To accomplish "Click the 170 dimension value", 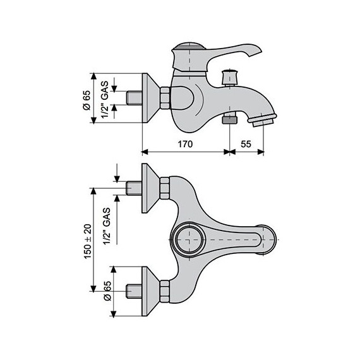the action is coord(185,144).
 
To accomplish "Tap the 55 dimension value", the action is coord(246,144).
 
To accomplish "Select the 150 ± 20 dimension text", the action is coord(88,241).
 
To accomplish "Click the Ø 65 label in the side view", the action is coord(87,100).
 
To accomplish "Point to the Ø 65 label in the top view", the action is coord(107,291).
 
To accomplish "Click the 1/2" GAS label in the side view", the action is coord(105,99).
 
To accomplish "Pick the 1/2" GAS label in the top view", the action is coord(107,226).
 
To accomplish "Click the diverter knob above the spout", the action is coord(229,78).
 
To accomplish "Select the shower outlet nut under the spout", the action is coord(230,119).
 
